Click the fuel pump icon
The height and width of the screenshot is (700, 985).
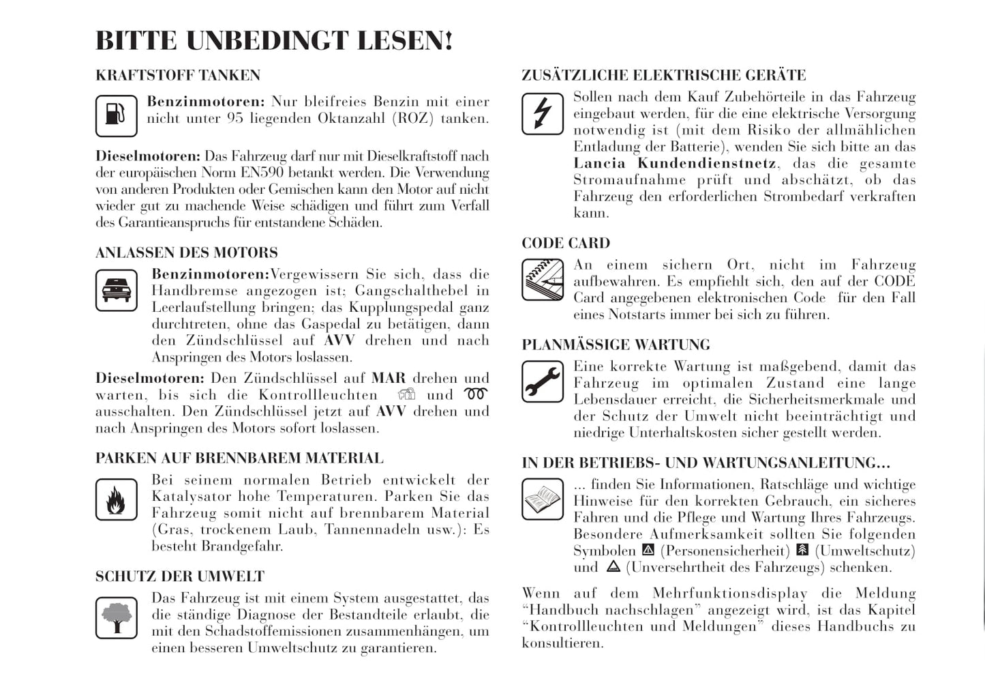116,115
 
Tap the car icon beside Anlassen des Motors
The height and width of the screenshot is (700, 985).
116,290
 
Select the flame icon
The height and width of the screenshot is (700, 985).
116,499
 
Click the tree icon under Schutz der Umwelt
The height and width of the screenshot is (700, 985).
116,617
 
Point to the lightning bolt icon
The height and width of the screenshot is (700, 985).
542,113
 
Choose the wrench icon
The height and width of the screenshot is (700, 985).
542,381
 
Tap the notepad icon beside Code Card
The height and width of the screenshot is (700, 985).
542,280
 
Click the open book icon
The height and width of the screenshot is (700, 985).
542,499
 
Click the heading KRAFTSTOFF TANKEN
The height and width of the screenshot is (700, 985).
178,75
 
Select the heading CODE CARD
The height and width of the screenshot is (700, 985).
566,244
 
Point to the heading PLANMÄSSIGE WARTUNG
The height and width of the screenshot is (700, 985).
616,345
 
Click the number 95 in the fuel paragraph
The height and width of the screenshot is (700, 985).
235,119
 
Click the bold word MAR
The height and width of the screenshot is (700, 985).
388,379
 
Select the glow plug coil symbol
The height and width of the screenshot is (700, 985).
476,394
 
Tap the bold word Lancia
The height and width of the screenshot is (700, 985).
599,164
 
